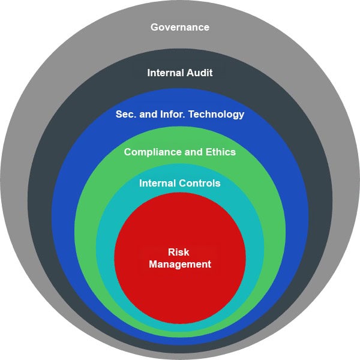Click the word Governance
[180, 27]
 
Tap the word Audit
[200, 73]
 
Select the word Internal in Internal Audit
[166, 73]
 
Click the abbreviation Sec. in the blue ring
[126, 114]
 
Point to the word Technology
[217, 115]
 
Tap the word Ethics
[221, 152]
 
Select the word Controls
[200, 183]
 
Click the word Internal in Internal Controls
[157, 183]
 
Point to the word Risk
[178, 252]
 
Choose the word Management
[180, 264]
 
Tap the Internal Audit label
[180, 73]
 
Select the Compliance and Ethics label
[180, 152]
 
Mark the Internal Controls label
[180, 183]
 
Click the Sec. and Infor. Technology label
[180, 115]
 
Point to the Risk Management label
[180, 259]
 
